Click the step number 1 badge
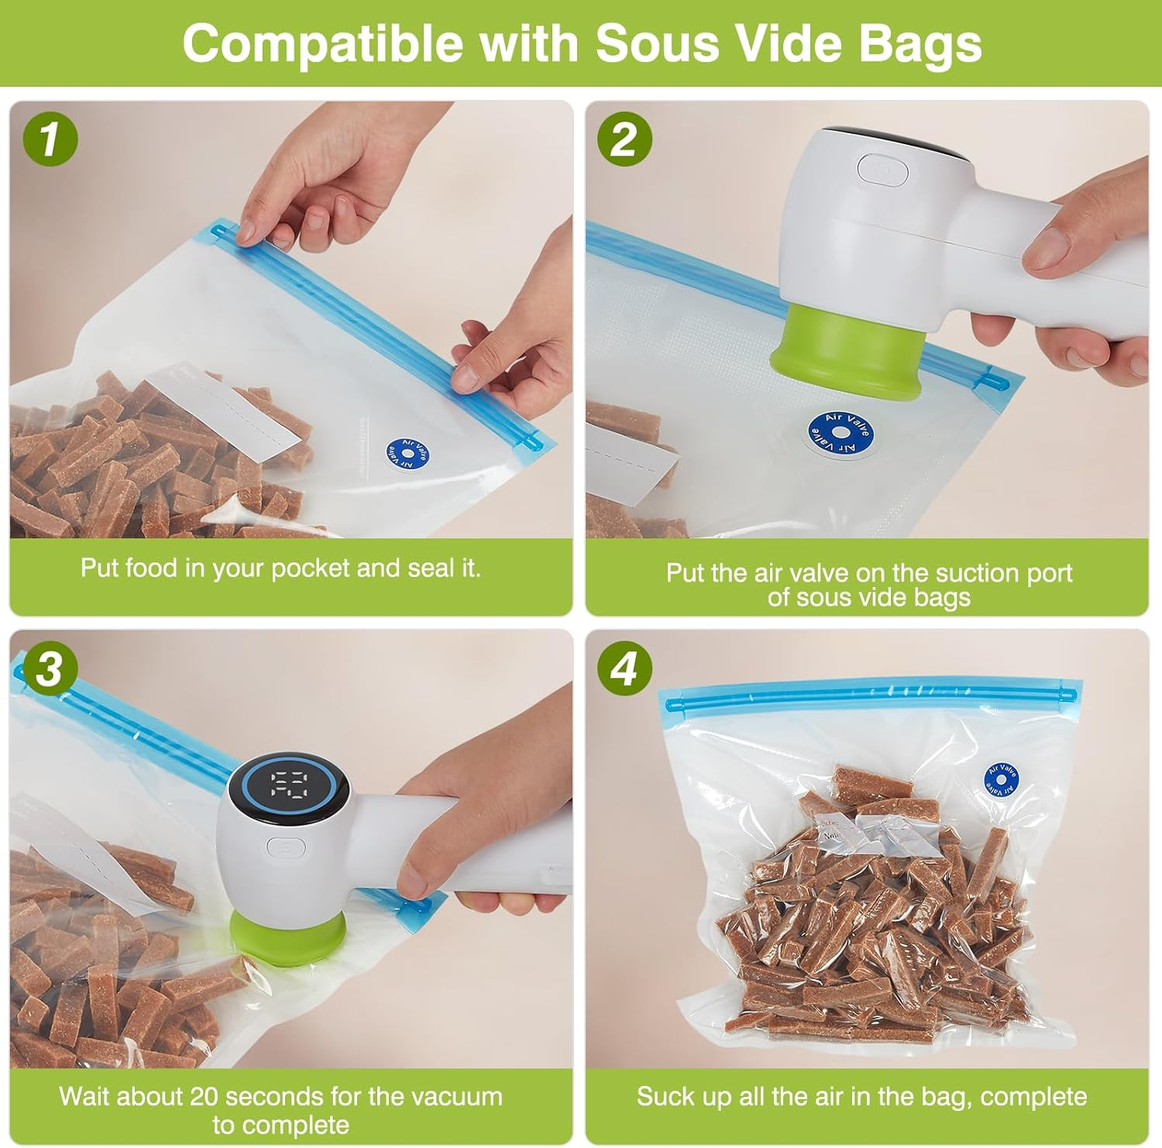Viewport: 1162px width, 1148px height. click(50, 139)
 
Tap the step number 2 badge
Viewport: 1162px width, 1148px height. click(624, 139)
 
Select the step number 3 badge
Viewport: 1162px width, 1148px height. click(50, 668)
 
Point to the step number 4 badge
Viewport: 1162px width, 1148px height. click(624, 668)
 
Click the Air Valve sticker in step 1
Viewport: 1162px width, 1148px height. click(408, 453)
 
